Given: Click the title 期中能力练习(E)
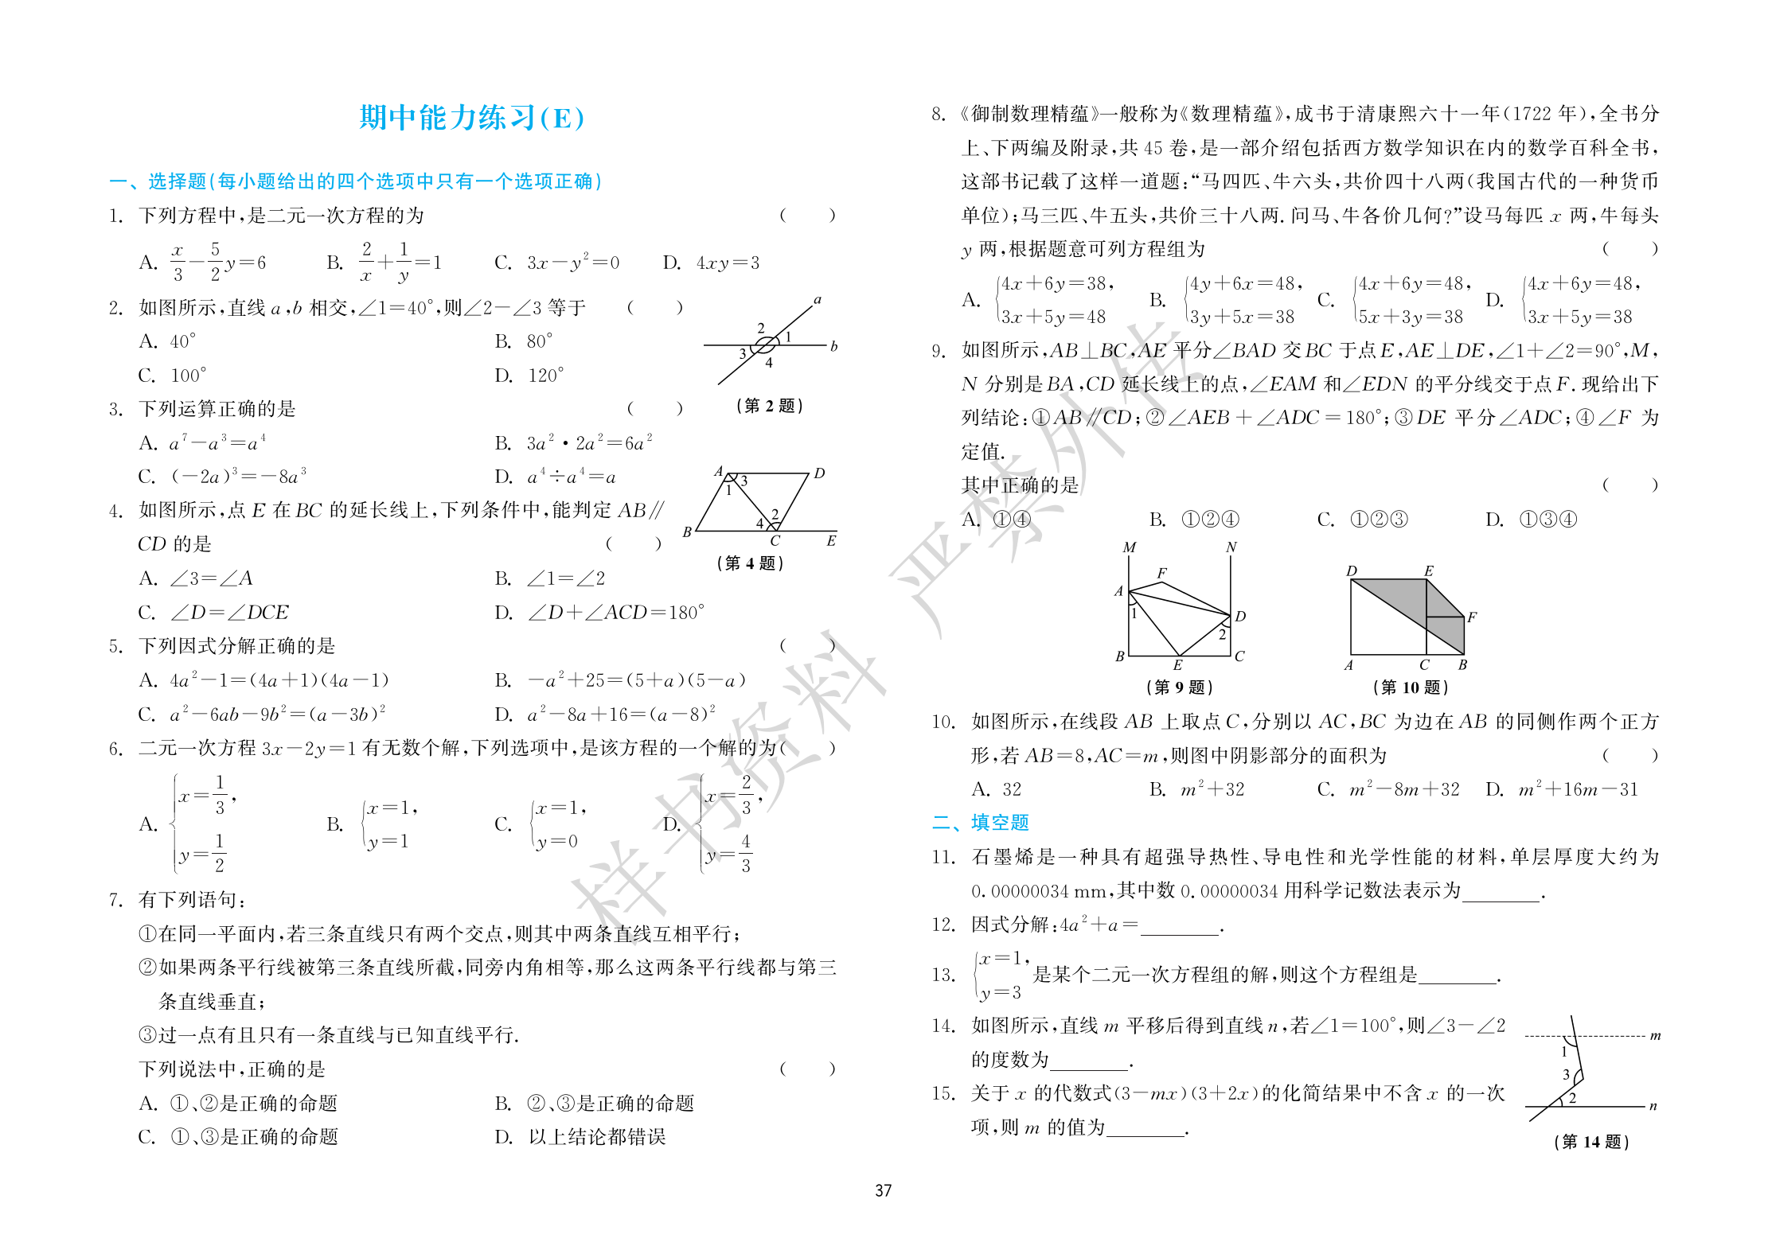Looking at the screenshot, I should tap(472, 118).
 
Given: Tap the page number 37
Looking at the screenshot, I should tap(883, 1190).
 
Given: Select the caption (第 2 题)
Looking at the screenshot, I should tap(769, 406).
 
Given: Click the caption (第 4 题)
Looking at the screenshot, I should tap(750, 563).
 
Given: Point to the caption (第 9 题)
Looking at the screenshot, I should tap(1179, 687).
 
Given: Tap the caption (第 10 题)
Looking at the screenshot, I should tap(1410, 687).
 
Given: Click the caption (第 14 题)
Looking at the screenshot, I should tap(1590, 1142).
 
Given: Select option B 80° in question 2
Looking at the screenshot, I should tap(525, 341).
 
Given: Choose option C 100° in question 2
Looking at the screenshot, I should tap(173, 376).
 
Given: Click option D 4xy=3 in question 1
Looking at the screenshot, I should tap(712, 263).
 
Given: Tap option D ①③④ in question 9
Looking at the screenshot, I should tap(1531, 520).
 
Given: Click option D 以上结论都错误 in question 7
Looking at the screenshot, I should tap(580, 1137).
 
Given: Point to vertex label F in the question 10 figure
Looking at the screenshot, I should tap(1472, 617).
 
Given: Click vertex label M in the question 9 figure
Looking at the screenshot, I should tap(1129, 547).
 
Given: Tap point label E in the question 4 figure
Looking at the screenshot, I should tap(831, 541).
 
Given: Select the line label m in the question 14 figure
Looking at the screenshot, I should tap(1656, 1036).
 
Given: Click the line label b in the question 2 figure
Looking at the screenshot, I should tap(833, 346).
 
